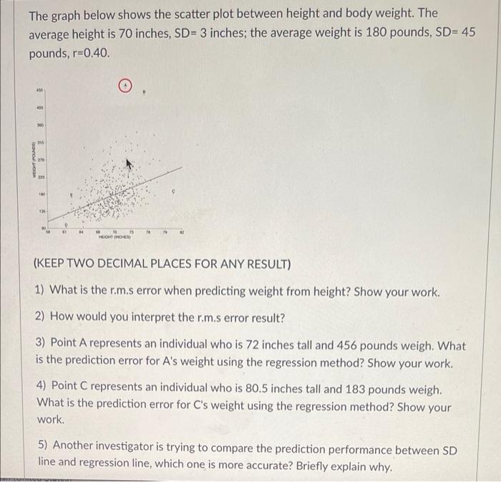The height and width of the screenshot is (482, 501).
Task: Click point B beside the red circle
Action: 147,91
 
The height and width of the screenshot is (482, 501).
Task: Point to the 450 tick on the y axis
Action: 42,91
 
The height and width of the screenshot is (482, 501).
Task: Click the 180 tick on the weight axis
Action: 42,193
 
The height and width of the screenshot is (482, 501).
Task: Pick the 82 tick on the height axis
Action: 181,231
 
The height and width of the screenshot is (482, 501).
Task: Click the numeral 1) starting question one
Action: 39,291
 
